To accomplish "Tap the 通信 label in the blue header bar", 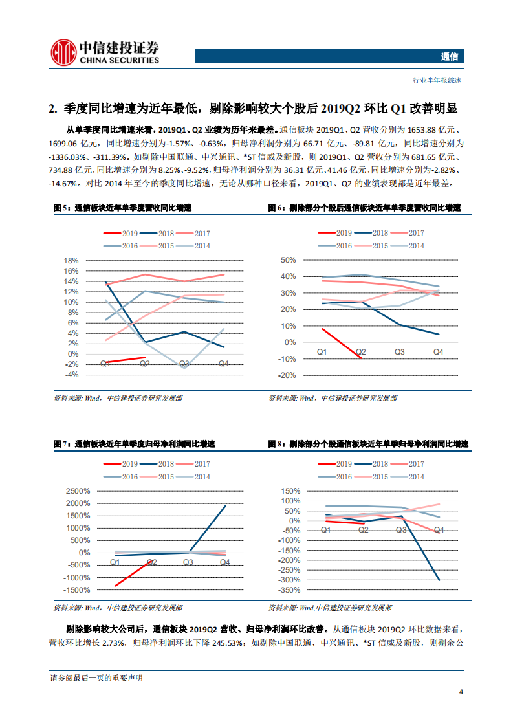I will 449,57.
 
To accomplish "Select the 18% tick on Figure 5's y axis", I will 71,261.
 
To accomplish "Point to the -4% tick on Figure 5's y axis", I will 71,375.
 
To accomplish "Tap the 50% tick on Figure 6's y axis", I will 287,260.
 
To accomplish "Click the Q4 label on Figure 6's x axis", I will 439,351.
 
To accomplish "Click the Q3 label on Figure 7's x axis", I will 188,562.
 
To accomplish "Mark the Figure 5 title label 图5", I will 61,208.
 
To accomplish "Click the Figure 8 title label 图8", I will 276,445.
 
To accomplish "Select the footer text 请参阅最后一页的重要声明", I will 96,677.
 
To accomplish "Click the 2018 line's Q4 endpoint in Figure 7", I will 225,506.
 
